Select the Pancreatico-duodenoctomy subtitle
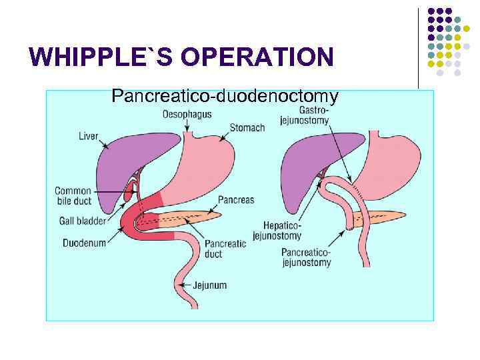[x=225, y=97]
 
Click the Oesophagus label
[x=187, y=114]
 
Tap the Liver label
[x=88, y=136]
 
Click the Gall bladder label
[x=82, y=220]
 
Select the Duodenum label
[x=85, y=243]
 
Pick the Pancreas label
[x=236, y=200]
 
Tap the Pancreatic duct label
[x=226, y=249]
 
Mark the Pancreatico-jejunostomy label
[x=306, y=257]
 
